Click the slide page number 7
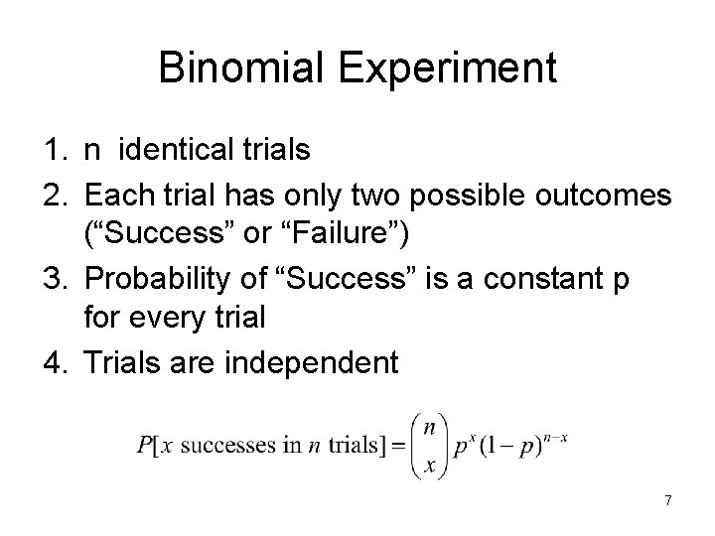pyautogui.click(x=668, y=501)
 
